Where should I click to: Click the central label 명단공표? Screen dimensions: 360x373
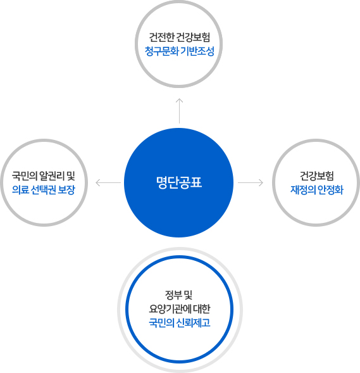tap(179, 182)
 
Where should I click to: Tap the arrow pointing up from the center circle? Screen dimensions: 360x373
tap(179, 111)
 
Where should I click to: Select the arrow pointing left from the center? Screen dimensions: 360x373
tap(108, 182)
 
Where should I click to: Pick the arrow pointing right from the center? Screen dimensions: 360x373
tap(251, 182)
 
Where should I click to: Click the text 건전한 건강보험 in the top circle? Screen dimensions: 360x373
tap(180, 37)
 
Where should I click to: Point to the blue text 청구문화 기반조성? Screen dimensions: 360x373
tap(180, 51)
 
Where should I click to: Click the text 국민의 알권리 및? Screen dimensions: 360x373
tap(44, 176)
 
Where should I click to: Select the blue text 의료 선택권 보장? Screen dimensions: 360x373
tap(44, 190)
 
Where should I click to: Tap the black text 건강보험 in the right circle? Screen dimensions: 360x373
tap(317, 176)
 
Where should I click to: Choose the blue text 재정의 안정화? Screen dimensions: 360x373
tap(317, 190)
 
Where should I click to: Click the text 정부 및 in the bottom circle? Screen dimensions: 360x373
tap(178, 295)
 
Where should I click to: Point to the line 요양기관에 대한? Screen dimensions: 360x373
tap(180, 309)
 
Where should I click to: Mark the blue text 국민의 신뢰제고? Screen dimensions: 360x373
tap(180, 323)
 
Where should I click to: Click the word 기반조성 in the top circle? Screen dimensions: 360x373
tap(197, 51)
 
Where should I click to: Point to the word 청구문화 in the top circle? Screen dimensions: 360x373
tap(161, 51)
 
